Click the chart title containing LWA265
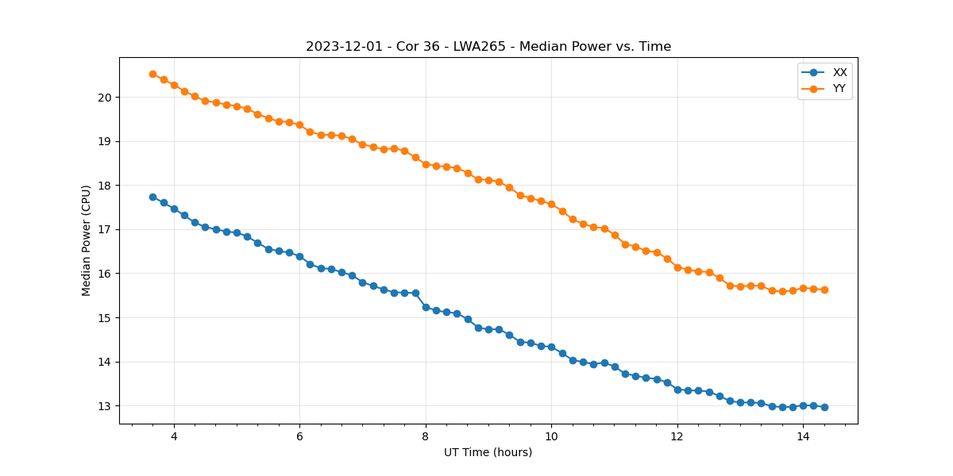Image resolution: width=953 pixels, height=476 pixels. tap(488, 47)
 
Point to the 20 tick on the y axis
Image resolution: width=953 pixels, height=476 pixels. tap(105, 98)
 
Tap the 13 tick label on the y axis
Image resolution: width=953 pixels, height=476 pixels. tap(105, 406)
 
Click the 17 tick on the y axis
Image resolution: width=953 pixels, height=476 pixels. tap(105, 230)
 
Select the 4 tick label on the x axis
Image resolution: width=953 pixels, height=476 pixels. tap(174, 436)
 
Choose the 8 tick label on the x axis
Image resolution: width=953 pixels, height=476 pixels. tap(426, 436)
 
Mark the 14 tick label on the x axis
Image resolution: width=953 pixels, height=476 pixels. tap(803, 436)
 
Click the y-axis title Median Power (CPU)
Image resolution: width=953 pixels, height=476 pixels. tap(87, 240)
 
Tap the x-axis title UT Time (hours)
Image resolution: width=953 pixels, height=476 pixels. tap(488, 452)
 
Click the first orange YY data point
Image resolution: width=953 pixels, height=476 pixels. tap(152, 74)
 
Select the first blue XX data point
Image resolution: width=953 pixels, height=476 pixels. tap(152, 197)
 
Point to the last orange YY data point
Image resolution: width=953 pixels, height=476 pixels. tap(824, 290)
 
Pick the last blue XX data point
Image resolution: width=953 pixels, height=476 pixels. tap(824, 407)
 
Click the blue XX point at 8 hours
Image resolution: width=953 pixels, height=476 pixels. tap(426, 307)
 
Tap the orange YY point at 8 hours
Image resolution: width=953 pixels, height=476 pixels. tap(426, 164)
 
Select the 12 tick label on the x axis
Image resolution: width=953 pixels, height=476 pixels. tap(677, 436)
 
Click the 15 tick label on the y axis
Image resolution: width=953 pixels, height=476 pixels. tap(105, 318)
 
